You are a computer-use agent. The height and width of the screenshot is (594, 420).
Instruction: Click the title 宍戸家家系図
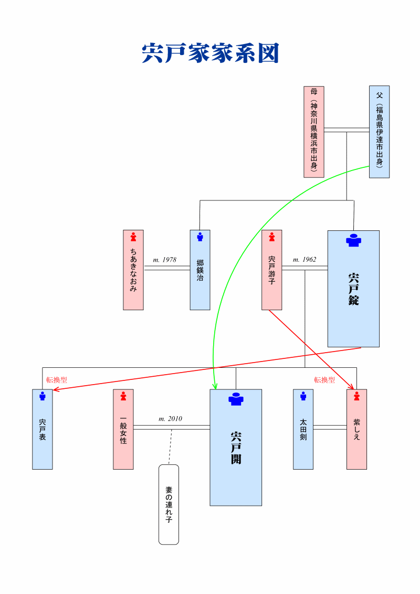pos(210,54)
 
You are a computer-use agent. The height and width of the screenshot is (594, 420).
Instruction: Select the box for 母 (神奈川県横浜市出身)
pos(314,132)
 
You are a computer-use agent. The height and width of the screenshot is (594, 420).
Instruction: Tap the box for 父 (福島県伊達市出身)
pos(379,132)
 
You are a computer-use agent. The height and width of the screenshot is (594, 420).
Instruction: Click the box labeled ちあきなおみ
pos(133,270)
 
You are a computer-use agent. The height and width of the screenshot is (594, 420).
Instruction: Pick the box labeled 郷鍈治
pos(200,270)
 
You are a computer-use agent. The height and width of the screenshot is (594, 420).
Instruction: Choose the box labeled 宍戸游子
pos(271,270)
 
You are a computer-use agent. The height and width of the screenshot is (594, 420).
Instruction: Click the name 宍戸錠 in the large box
pos(353,289)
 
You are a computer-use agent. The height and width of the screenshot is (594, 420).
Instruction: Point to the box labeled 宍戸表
pos(43,429)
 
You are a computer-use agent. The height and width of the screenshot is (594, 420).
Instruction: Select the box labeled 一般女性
pos(123,429)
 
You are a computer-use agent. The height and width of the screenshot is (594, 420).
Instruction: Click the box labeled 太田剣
pos(303,429)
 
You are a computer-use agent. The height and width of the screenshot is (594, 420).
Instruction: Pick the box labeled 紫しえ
pos(356,429)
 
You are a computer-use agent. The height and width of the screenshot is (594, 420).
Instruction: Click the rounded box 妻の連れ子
pos(169,504)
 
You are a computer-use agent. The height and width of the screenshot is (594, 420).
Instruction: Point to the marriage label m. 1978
pos(164,260)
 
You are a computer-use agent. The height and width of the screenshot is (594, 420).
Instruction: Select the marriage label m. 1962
pos(304,259)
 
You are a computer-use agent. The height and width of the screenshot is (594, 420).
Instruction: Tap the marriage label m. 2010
pos(170,419)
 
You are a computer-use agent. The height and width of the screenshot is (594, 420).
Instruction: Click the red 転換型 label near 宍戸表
pos(57,380)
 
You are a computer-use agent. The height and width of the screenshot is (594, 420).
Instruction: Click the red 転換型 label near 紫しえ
pos(324,380)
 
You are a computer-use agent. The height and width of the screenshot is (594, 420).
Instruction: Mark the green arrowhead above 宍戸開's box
pos(215,386)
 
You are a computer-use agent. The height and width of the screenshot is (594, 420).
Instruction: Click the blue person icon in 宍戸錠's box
pos(353,240)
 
